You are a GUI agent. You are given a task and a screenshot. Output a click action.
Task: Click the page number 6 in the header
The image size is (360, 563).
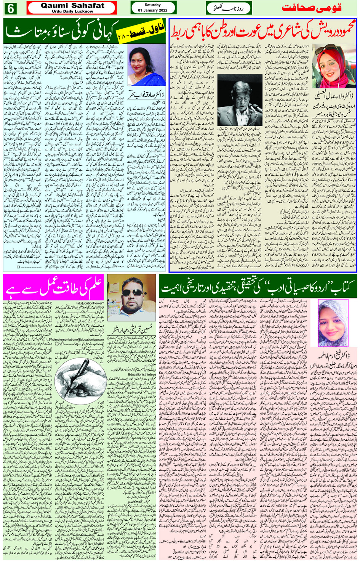pos(10,8)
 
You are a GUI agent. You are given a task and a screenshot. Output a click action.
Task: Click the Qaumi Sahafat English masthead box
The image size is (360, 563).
pos(72,8)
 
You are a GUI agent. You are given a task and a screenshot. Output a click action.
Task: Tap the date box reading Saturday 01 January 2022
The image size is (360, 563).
pos(153,8)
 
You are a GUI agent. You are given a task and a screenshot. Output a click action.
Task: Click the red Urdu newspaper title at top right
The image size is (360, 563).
pos(311,8)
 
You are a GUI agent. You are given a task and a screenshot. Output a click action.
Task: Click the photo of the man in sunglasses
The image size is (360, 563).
pos(131,297)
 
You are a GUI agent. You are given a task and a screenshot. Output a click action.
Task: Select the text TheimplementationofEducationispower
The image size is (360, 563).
pos(77,339)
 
